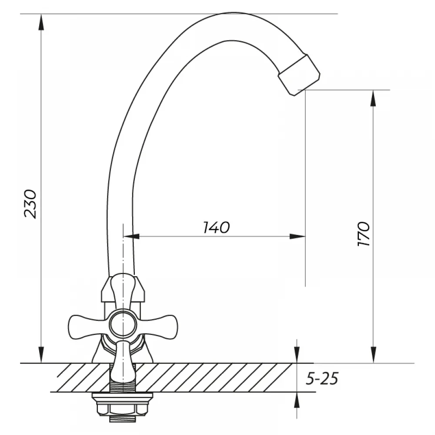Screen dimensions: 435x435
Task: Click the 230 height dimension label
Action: (x=30, y=204)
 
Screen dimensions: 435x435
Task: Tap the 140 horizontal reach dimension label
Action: (x=216, y=228)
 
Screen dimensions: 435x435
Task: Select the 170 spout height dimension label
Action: (x=363, y=234)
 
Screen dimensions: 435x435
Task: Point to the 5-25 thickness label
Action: (x=322, y=378)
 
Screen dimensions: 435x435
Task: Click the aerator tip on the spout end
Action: (x=299, y=75)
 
